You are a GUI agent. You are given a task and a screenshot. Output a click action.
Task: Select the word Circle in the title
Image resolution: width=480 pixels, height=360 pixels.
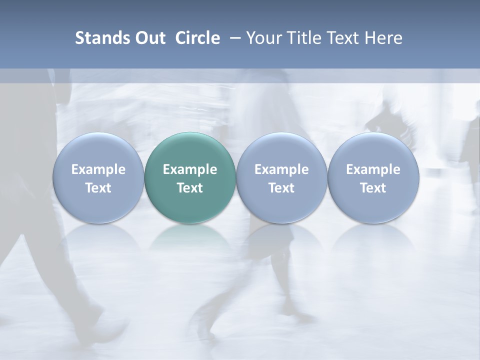click(197, 38)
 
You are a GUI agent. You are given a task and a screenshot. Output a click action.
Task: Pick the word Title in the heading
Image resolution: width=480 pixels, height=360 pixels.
click(302, 38)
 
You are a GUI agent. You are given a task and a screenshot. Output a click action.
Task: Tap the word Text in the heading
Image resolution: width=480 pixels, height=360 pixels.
click(341, 38)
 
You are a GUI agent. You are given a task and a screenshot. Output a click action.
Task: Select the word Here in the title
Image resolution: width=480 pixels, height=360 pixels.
click(383, 38)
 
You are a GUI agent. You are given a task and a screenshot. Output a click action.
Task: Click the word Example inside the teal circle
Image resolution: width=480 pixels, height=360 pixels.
click(190, 169)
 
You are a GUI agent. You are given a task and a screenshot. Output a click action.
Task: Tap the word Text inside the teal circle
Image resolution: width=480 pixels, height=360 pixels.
click(190, 188)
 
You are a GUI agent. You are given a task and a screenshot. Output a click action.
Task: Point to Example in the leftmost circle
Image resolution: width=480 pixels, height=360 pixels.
click(98, 169)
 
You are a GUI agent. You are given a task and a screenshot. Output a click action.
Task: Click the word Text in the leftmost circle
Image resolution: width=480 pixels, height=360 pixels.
click(98, 188)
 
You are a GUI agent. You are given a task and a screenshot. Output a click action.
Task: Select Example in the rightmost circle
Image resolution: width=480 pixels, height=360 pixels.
click(373, 169)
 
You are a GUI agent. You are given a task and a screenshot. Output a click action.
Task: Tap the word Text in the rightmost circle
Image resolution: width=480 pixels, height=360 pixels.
click(373, 188)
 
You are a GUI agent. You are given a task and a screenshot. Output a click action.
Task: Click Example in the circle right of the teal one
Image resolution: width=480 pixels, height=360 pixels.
click(281, 169)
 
